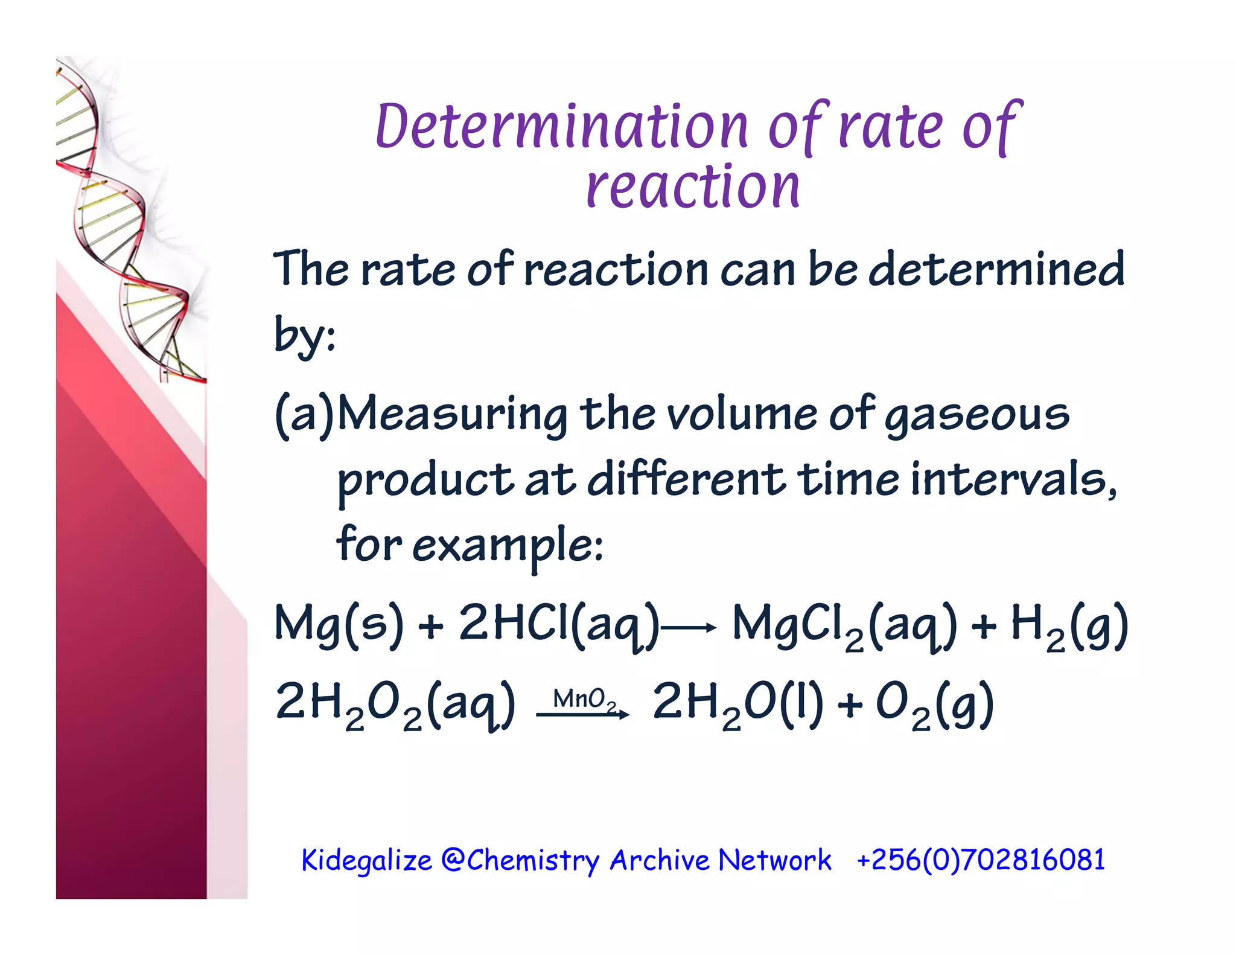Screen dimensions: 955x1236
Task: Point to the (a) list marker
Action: coord(304,415)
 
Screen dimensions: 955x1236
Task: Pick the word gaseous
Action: coord(977,416)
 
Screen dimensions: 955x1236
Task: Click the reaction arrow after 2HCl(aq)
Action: coord(689,628)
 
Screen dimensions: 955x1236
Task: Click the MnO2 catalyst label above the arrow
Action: coord(584,700)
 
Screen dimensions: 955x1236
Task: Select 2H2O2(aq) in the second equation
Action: coord(395,704)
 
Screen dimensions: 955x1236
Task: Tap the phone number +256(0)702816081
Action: coord(981,860)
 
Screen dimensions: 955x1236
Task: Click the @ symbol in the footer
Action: coord(452,860)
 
